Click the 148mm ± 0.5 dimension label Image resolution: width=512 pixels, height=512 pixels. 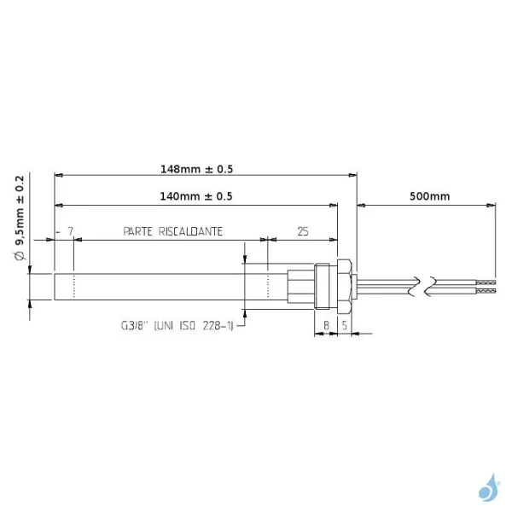[196, 169]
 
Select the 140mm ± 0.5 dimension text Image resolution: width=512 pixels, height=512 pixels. [196, 196]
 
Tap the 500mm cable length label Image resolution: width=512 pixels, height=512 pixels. [429, 196]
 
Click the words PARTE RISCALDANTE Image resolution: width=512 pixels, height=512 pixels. [173, 231]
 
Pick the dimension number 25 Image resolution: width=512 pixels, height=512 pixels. [302, 231]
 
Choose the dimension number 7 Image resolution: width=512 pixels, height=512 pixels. [69, 231]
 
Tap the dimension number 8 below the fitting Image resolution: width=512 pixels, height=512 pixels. [327, 324]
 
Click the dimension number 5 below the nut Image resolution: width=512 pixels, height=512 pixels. [344, 324]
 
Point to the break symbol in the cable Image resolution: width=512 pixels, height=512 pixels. [425, 286]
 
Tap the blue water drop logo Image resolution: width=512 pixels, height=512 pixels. [487, 488]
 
